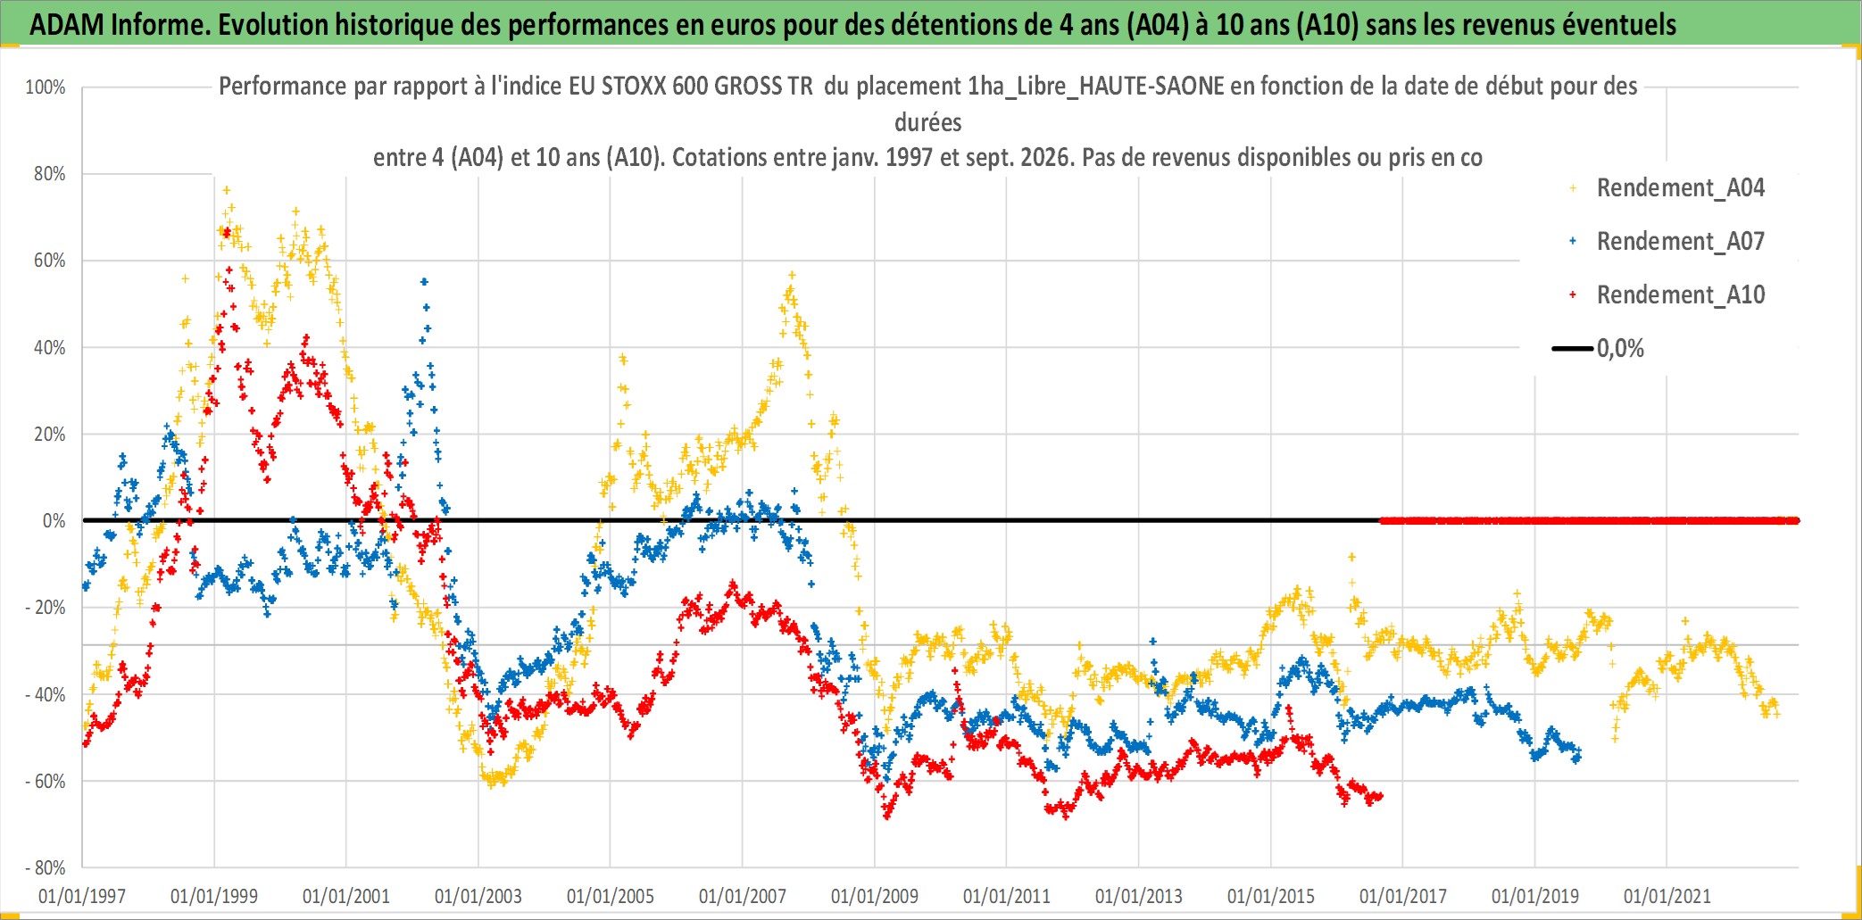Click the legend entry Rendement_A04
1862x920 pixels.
pos(1680,188)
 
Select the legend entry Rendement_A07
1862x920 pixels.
pos(1680,242)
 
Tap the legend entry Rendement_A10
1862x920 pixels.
pos(1680,295)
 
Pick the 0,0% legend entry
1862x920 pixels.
pos(1620,349)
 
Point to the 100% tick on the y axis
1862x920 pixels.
pos(46,87)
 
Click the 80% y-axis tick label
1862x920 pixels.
pos(50,174)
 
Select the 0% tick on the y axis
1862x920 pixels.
pos(54,521)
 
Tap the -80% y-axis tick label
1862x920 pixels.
pos(46,867)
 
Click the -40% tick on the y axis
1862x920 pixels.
pos(46,694)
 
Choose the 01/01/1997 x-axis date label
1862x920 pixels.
pos(82,896)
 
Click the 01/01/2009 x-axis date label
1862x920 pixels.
pos(875,896)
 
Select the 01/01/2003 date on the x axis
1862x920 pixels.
pos(478,896)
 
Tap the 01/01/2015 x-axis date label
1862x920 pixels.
pos(1271,896)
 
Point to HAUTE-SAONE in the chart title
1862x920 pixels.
pos(1151,86)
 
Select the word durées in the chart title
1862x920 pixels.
pos(928,122)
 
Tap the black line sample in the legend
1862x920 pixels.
pos(1573,349)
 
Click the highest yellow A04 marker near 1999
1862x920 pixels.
pos(227,190)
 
